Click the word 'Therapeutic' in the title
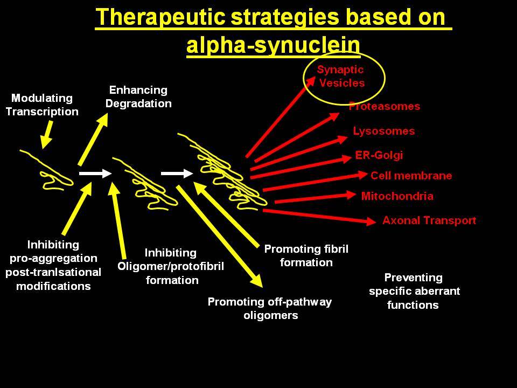point(160,17)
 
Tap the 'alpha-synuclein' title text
point(273,45)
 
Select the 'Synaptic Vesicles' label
point(341,76)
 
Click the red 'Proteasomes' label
point(385,106)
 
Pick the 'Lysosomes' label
point(384,131)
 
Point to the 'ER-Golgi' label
point(379,155)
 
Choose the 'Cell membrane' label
point(411,176)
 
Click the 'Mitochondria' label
point(397,196)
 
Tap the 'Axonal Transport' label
point(429,220)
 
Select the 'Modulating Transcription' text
point(42,105)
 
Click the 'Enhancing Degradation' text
point(138,96)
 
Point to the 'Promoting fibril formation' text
point(306,255)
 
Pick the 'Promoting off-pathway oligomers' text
point(270,308)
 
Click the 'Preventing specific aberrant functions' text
point(414,292)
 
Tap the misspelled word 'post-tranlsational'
point(53,272)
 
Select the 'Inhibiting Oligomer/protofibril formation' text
point(171,266)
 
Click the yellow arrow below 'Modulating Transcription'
point(47,135)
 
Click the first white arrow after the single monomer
point(96,173)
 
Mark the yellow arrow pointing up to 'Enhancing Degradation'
point(93,139)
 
